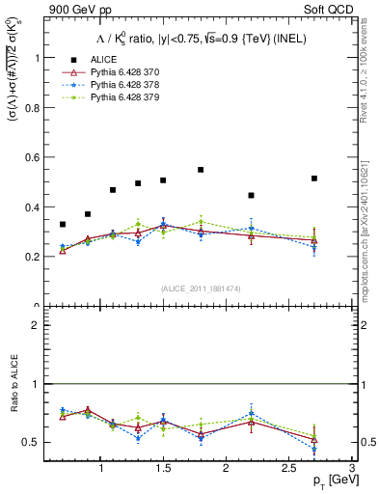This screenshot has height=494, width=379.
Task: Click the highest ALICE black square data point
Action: [x=201, y=170]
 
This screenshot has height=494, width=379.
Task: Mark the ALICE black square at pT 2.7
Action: [x=314, y=178]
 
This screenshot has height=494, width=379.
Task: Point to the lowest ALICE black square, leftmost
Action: [x=63, y=224]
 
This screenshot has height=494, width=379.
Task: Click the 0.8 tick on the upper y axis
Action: [x=37, y=107]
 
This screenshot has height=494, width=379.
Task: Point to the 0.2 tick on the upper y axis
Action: [x=37, y=257]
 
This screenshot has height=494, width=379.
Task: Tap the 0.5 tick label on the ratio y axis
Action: [x=35, y=442]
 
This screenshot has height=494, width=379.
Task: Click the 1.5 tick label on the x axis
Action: [x=163, y=468]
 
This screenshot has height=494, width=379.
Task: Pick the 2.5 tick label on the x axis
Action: [x=288, y=468]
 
